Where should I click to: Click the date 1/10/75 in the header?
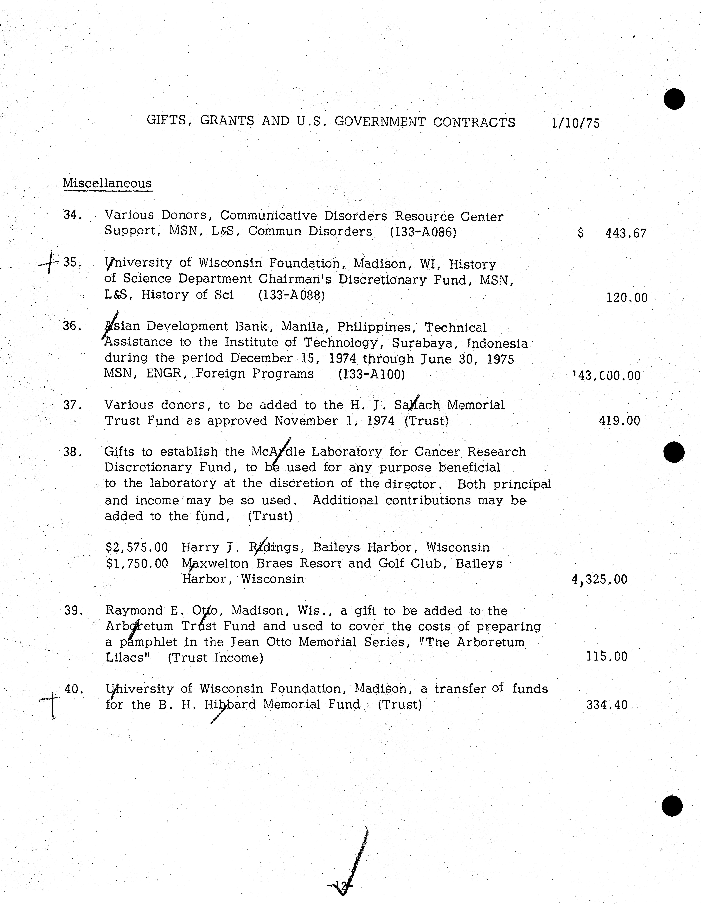pos(576,123)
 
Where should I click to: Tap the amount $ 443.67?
pos(612,233)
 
